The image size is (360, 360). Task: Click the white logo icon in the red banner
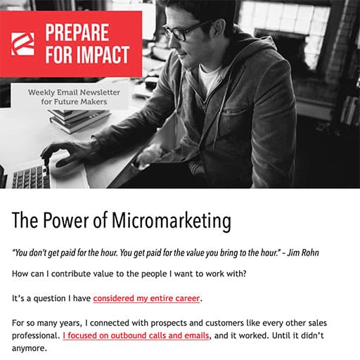pos(22,44)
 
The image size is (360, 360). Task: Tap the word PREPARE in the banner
pos(77,32)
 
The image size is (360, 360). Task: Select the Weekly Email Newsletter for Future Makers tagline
pos(74,97)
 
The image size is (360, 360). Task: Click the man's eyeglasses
pos(185,31)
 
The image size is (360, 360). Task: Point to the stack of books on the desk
pos(79,120)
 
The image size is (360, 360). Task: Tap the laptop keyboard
pos(30,177)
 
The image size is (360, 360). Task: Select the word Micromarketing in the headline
pos(172,221)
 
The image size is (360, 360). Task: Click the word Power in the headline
pos(66,220)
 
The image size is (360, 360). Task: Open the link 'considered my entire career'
pos(146,298)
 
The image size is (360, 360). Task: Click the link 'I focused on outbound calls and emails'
pos(136,335)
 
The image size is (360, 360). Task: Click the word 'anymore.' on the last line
pos(30,348)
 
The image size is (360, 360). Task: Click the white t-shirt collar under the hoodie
pos(210,76)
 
